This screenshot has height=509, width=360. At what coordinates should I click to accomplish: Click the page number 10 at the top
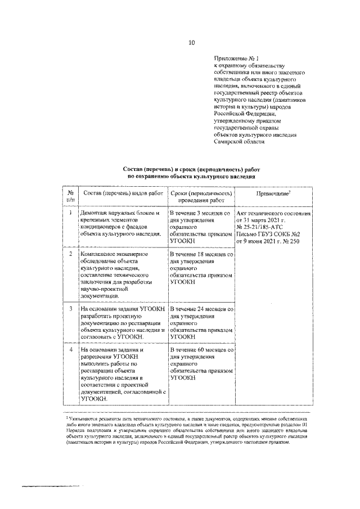pos(191,42)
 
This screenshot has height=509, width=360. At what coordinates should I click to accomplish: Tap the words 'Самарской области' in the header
pos(238,142)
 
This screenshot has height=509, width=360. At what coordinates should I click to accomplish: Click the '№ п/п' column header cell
pos(70,196)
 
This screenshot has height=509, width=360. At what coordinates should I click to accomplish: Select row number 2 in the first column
pos(70,254)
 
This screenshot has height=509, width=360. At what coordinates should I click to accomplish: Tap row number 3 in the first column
pos(70,309)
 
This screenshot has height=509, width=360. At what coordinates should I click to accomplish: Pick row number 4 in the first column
pos(70,350)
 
